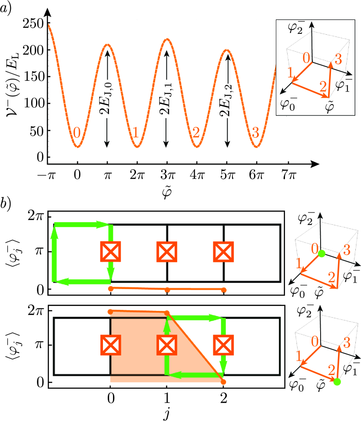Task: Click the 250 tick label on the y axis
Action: coord(36,24)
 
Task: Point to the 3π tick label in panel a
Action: coord(166,176)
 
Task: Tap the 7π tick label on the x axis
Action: coord(286,176)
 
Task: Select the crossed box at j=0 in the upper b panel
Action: coord(110,252)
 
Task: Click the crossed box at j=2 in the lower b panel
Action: coord(224,345)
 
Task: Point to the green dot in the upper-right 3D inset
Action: coord(321,253)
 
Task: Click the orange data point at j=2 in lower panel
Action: coord(224,382)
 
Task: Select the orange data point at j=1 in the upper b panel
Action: coord(167,289)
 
